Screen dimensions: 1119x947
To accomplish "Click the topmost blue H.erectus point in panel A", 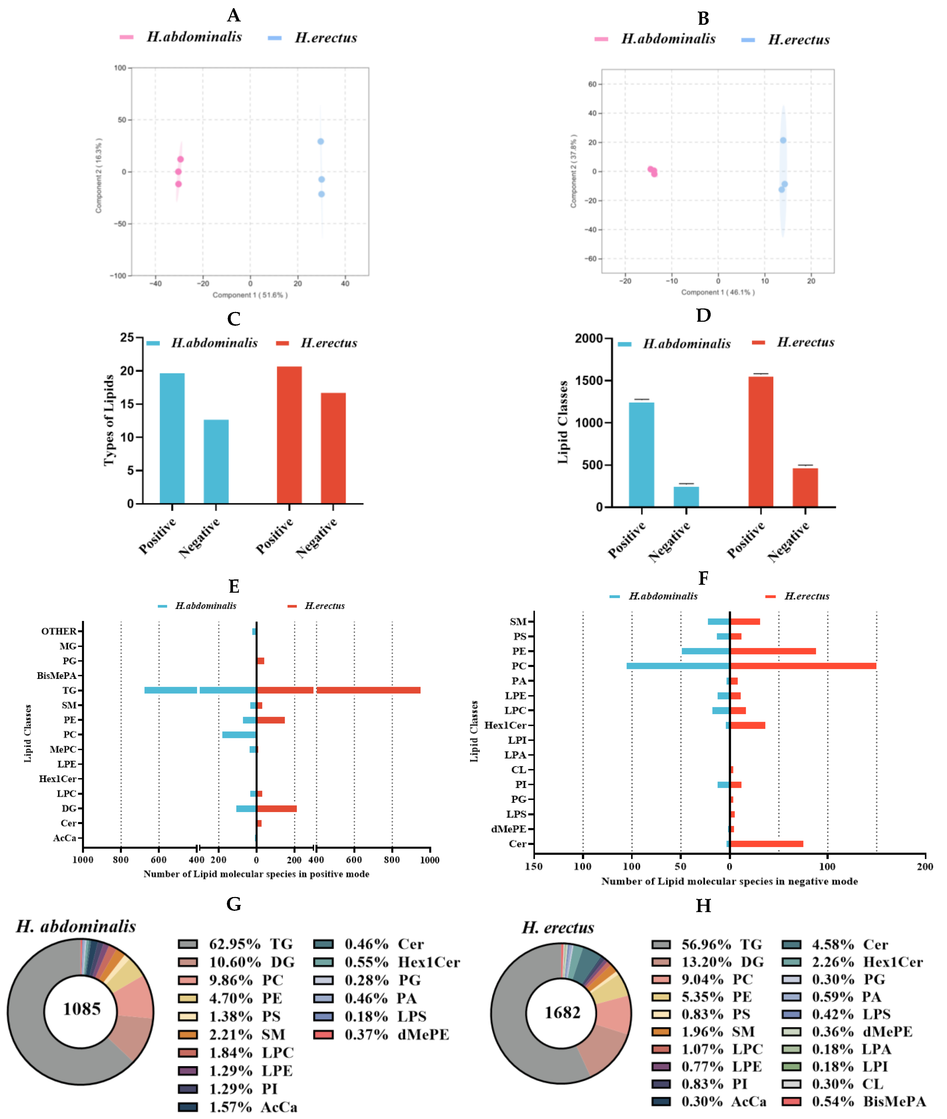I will click(x=320, y=141).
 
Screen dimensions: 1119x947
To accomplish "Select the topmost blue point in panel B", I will click(x=783, y=140).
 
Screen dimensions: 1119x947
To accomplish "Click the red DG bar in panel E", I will click(x=277, y=809).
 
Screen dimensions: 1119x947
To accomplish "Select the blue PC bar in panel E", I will click(x=239, y=734).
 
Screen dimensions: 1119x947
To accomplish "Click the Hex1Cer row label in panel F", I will click(x=505, y=725).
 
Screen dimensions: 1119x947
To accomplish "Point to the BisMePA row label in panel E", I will click(x=57, y=676).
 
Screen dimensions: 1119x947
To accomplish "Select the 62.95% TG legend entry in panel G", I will click(x=236, y=944).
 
